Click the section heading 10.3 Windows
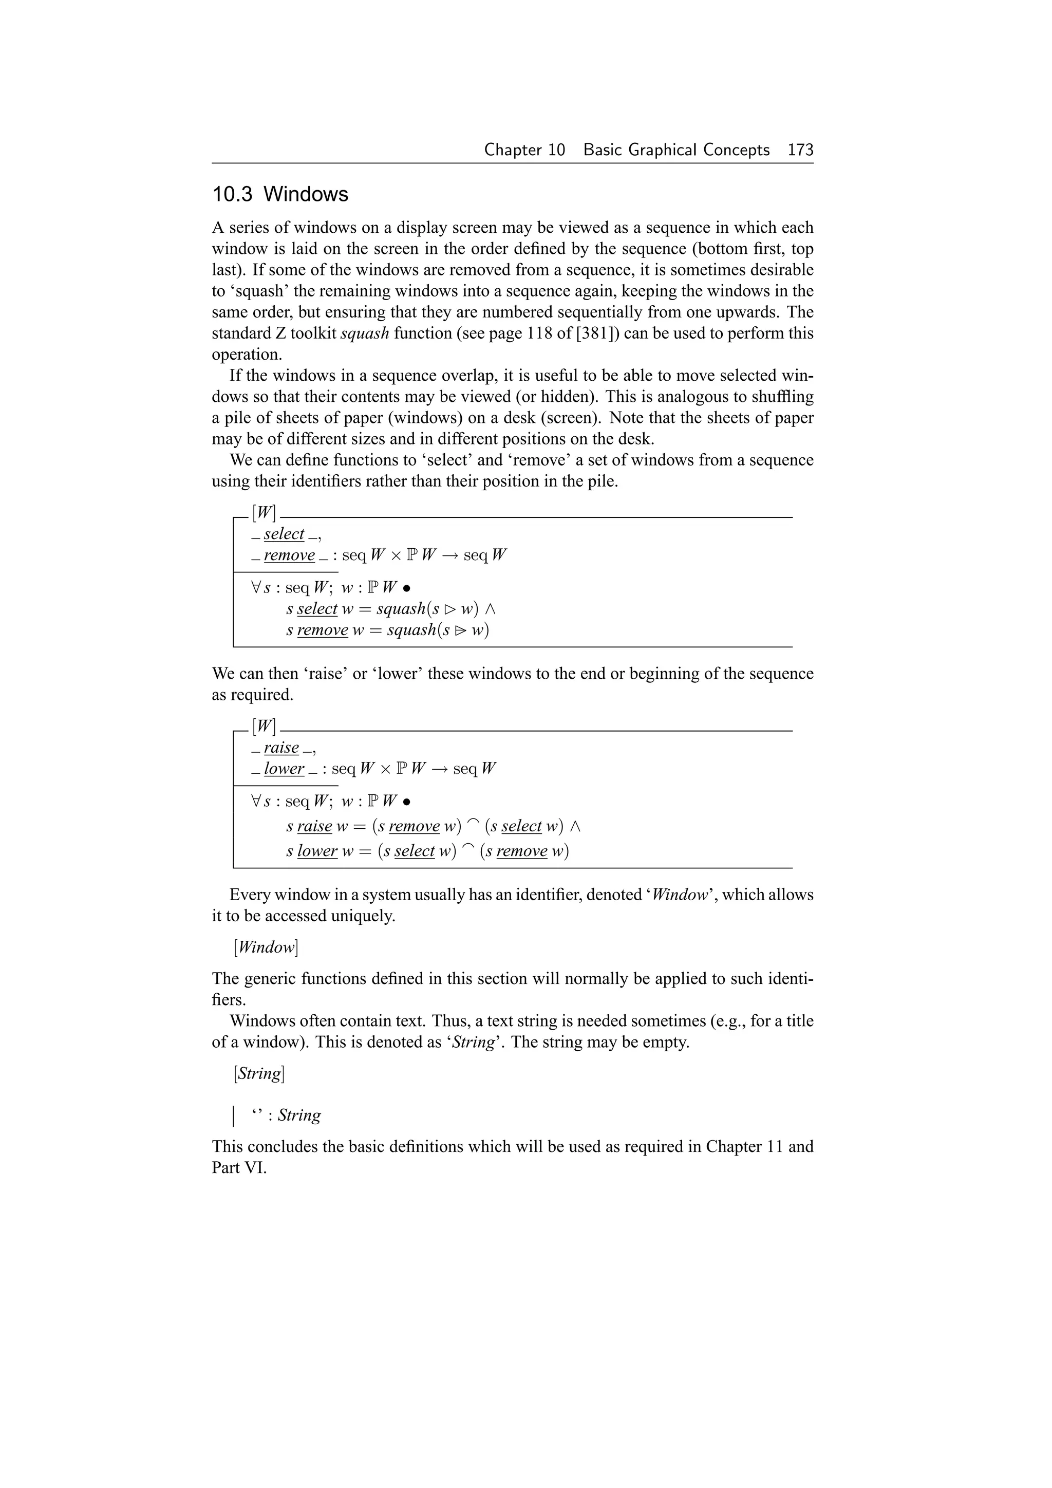280,194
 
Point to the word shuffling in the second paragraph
776,397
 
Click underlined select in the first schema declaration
284,534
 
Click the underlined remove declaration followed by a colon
289,555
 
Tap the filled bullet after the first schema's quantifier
406,588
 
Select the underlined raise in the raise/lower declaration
281,748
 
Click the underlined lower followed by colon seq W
284,769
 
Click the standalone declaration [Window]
266,947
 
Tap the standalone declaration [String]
259,1073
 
